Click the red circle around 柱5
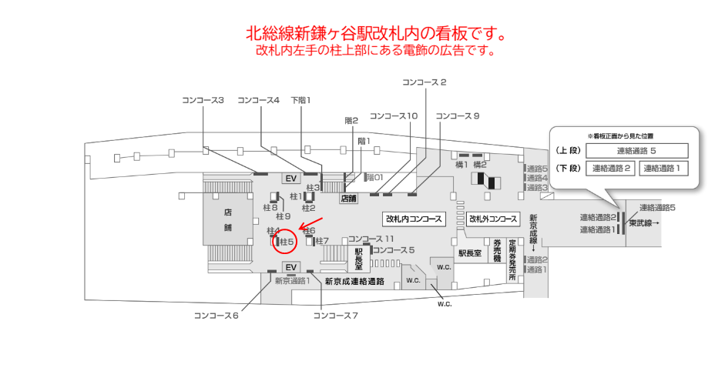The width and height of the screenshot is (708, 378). coord(286,242)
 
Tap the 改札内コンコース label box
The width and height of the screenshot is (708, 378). coord(414,219)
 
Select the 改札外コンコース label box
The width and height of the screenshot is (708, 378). coord(493,219)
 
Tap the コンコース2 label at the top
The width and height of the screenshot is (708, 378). coord(424,82)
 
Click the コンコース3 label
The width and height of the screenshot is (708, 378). coord(203,100)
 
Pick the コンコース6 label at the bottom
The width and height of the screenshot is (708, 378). coord(216,315)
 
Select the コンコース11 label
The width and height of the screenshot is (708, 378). coord(371,239)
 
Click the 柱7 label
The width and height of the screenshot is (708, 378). coord(321,241)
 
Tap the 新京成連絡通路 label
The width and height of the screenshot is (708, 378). coord(354,281)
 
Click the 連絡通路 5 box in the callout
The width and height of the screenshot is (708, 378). coord(636,151)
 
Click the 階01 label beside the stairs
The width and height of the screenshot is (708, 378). coord(374,177)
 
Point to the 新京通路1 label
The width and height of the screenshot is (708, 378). coord(293,280)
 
